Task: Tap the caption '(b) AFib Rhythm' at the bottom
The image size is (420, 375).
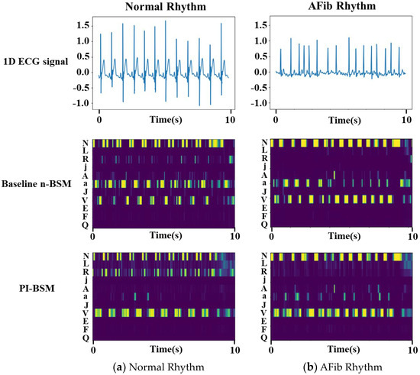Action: (338, 367)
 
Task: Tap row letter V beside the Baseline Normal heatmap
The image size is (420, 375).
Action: (84, 199)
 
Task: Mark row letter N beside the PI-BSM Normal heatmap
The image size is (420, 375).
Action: (84, 256)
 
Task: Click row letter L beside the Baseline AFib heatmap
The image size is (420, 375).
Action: (263, 150)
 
